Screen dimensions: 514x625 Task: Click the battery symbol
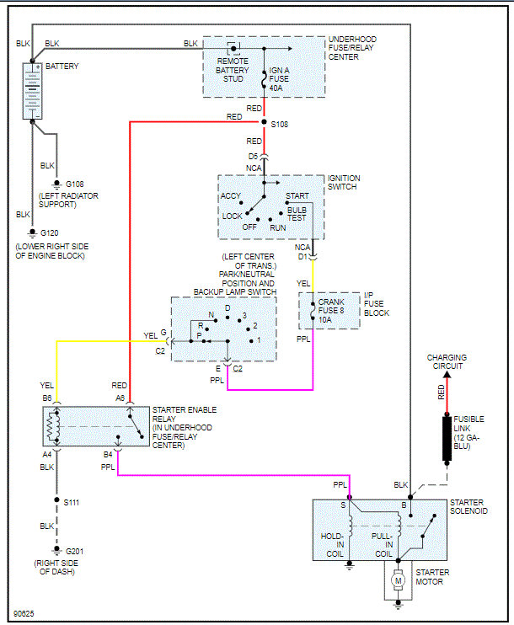(32, 91)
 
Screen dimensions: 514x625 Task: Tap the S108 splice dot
(264, 121)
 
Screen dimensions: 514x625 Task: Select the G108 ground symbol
(56, 184)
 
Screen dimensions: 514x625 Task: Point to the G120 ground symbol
(32, 233)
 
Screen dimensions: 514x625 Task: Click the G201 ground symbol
(56, 551)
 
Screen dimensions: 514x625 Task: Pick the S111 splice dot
(56, 499)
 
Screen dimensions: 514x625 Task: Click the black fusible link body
(447, 439)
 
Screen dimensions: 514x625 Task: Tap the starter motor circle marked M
(398, 580)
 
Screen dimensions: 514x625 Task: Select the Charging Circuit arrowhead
(447, 375)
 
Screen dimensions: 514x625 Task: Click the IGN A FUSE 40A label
(279, 79)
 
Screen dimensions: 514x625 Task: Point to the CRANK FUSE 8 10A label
(331, 311)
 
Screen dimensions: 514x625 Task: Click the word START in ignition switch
(297, 196)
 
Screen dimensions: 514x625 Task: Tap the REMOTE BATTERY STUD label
(233, 70)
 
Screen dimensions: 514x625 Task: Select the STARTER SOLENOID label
(468, 506)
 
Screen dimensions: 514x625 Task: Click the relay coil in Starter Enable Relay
(52, 426)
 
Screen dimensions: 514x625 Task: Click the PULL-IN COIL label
(383, 545)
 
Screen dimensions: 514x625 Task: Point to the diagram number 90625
(24, 613)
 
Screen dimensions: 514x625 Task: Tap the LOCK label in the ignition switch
(233, 216)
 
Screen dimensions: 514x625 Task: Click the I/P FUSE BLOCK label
(376, 304)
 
